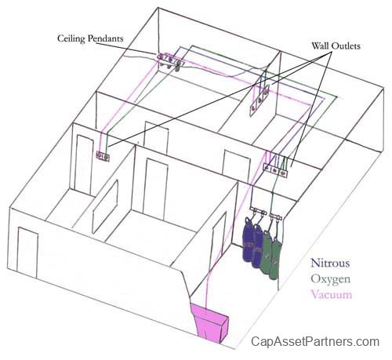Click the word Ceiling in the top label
[x=71, y=38]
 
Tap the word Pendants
[x=105, y=38]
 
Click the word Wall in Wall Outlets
[x=320, y=46]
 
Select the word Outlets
[x=346, y=46]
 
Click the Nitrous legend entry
[x=330, y=263]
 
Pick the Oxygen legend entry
[x=330, y=279]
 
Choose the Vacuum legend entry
[x=332, y=294]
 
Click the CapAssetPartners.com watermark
[x=315, y=342]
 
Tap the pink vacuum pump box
[x=209, y=322]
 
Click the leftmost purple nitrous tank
[x=247, y=239]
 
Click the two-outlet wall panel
[x=103, y=156]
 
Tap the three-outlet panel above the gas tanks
[x=275, y=170]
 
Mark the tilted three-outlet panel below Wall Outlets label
[x=259, y=100]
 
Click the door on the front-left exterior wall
[x=27, y=251]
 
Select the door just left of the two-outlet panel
[x=84, y=165]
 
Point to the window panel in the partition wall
[x=105, y=206]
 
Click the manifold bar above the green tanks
[x=276, y=216]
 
